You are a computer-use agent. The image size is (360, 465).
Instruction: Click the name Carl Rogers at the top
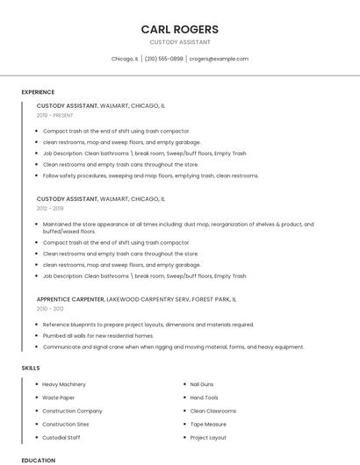[x=179, y=29]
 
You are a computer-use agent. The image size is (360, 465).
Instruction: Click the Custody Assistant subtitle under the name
[x=179, y=42]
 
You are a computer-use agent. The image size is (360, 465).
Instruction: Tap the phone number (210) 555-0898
[x=164, y=59]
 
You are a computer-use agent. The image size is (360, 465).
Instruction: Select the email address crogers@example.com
[x=219, y=59]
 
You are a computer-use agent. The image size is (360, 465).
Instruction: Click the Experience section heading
[x=38, y=92]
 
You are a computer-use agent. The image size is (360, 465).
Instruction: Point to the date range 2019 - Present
[x=55, y=115]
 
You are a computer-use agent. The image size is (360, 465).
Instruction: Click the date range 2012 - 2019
[x=50, y=209]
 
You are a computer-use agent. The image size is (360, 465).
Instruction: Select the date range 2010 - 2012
[x=50, y=309]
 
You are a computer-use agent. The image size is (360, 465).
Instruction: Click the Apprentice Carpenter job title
[x=70, y=299]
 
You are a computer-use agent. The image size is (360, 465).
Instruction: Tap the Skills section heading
[x=31, y=368]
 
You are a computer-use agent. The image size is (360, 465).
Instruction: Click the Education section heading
[x=38, y=460]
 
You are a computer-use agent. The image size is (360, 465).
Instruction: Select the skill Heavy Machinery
[x=64, y=384]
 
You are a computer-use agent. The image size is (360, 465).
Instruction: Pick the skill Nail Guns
[x=202, y=384]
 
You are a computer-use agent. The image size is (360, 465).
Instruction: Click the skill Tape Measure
[x=207, y=424]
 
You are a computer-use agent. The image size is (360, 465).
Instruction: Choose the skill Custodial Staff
[x=61, y=437]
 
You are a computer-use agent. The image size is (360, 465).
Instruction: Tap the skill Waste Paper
[x=58, y=397]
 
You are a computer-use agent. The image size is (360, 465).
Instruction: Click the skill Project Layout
[x=208, y=437]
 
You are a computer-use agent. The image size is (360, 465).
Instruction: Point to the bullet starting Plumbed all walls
[x=98, y=335]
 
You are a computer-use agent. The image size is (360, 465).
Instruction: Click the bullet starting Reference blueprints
[x=148, y=325]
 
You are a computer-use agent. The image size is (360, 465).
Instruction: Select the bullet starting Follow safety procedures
[x=151, y=175]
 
